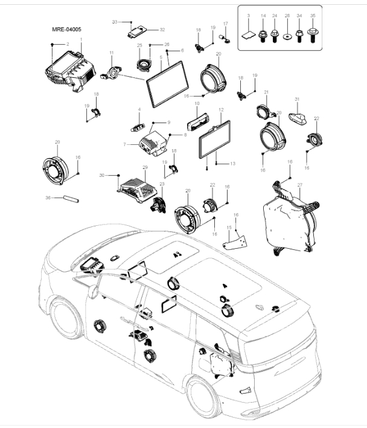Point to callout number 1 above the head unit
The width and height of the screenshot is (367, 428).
(81, 39)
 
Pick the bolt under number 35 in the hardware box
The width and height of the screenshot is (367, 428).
(312, 35)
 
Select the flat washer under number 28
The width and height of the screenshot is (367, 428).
(287, 36)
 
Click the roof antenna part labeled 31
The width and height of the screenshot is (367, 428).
(297, 117)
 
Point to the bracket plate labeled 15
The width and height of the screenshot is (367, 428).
(235, 241)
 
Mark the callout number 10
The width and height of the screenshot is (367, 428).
(196, 104)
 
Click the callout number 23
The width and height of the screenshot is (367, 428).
(161, 184)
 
